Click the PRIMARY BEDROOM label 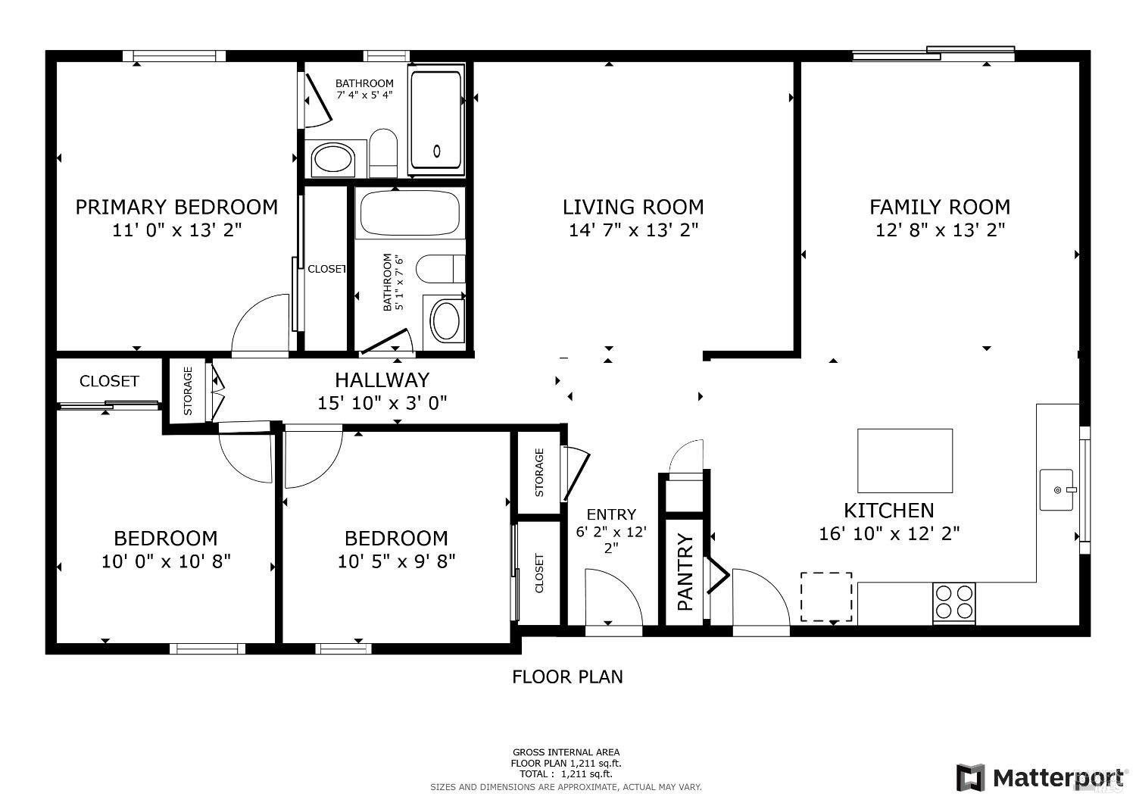click(176, 207)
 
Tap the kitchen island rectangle click(905, 461)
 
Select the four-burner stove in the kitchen click(954, 602)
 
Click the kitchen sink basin click(1057, 490)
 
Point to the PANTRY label click(685, 572)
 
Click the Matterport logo click(1040, 778)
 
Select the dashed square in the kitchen click(826, 596)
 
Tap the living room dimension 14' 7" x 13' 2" click(633, 230)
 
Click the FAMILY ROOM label click(940, 207)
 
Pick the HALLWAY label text click(382, 380)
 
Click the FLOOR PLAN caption click(567, 676)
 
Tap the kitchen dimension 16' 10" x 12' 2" click(889, 533)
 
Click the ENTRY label click(611, 514)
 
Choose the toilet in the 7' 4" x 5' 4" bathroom click(383, 152)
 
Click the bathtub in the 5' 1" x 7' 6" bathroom click(410, 213)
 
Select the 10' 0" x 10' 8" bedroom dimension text click(167, 561)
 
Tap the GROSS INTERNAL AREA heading click(566, 752)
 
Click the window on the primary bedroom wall click(174, 56)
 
